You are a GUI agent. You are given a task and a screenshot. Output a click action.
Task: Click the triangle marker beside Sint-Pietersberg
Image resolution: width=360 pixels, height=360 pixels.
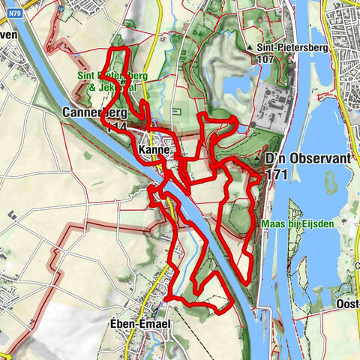click(248, 46)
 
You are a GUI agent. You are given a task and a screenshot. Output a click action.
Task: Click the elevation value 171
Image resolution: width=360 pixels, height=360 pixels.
click(277, 174)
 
